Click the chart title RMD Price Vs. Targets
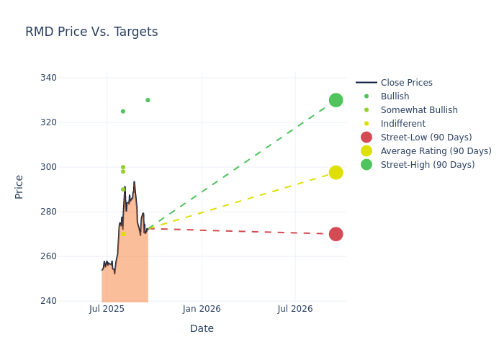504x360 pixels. coord(91,32)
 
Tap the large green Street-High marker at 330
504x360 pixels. coord(336,100)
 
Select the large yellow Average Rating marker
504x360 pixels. coord(336,173)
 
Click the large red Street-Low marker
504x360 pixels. coord(336,234)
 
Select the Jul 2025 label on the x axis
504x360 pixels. coord(107,309)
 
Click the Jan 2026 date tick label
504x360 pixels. coord(202,309)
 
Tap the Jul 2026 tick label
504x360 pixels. coord(295,309)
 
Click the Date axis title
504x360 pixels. coord(202,328)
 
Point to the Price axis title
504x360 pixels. coord(19,187)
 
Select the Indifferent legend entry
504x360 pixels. coord(402,124)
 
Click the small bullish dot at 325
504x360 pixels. coord(123,112)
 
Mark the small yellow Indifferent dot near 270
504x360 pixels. coord(122,234)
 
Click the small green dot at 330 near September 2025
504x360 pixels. coord(148,100)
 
